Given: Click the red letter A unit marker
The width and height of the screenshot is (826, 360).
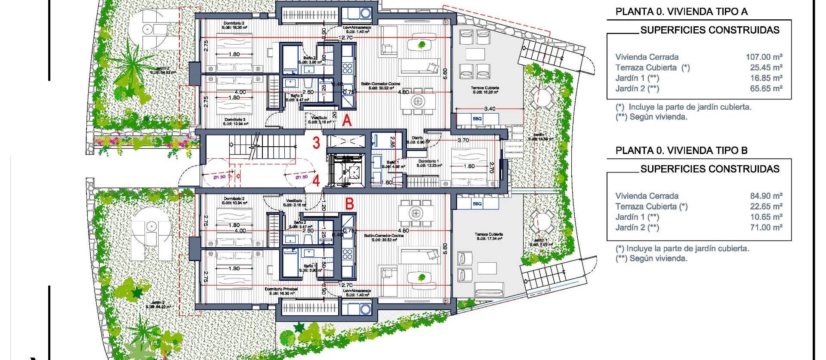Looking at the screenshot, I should click(347, 120).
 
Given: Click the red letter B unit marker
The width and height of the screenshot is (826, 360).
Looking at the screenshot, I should click(349, 203).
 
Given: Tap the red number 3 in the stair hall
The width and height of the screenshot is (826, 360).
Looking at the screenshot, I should click(316, 143).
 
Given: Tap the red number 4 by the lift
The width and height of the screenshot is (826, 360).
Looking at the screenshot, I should click(316, 181).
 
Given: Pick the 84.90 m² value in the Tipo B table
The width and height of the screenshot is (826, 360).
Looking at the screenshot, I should click(766, 196).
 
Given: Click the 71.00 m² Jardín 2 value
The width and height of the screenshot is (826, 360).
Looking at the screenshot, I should click(766, 228).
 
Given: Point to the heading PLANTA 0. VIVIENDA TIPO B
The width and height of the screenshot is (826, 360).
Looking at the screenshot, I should click(681, 151).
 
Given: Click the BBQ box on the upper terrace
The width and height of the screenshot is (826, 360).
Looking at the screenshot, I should click(477, 119).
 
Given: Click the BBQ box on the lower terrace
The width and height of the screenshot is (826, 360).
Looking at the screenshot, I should click(477, 203).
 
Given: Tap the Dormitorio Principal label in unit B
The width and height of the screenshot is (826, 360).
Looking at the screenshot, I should click(281, 289).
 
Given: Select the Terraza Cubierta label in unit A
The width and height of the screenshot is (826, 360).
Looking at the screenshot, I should click(485, 88).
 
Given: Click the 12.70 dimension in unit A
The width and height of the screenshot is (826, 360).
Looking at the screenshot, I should click(345, 38).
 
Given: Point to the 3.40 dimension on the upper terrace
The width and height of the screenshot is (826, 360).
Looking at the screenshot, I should click(490, 109).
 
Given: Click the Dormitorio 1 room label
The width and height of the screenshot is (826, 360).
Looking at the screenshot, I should click(428, 161).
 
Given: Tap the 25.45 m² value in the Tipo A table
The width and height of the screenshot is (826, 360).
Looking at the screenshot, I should click(766, 68).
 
